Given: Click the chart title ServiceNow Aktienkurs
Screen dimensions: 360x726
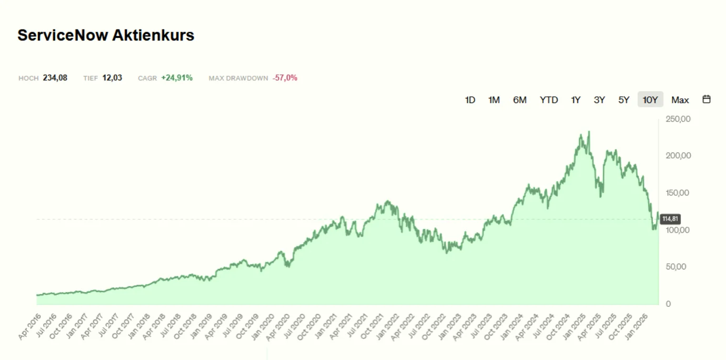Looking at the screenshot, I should [106, 35].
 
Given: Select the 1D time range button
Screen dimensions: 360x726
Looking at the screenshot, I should [470, 100].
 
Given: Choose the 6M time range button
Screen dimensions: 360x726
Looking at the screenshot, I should [519, 100].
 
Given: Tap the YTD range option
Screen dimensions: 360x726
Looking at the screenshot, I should [549, 100].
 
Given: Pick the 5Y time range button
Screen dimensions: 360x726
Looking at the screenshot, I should [623, 100].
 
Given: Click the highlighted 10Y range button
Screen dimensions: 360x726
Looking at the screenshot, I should [650, 100].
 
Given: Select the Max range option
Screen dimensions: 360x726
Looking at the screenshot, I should [680, 100].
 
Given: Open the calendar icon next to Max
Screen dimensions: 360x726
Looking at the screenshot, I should [707, 99].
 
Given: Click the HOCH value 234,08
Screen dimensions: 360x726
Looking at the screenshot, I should [55, 78].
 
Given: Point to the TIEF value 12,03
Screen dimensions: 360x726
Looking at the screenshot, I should [112, 78].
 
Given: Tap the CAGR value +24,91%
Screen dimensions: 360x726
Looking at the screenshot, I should [177, 78].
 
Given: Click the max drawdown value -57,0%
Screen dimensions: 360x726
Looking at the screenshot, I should [285, 78].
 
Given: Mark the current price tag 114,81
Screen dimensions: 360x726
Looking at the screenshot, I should [670, 218].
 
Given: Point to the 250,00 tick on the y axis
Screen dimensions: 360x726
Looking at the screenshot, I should [678, 119].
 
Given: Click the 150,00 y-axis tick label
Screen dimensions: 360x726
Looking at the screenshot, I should [678, 193].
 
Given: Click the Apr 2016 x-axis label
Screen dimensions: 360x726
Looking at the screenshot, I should [29, 326].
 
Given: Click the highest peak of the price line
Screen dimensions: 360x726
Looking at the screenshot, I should [589, 132].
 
